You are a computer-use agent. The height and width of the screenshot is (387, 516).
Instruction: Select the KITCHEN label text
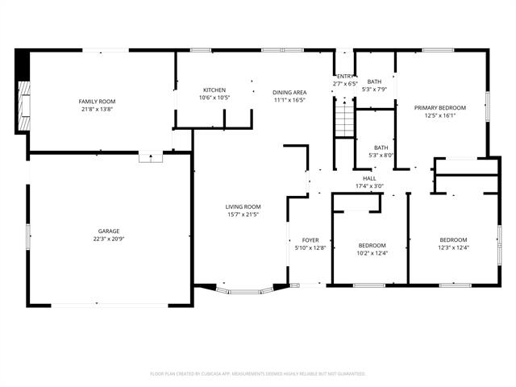(x=214, y=89)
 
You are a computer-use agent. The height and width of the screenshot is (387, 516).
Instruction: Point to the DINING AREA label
(x=288, y=93)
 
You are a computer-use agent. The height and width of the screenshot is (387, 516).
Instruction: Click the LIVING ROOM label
(x=243, y=207)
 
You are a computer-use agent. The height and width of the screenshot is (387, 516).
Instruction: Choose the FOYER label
(x=310, y=240)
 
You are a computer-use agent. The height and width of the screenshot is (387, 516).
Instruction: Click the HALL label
(x=369, y=178)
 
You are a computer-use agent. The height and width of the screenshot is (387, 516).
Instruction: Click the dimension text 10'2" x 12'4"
(x=372, y=253)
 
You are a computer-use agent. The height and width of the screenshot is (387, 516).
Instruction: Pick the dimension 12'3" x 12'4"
(x=452, y=248)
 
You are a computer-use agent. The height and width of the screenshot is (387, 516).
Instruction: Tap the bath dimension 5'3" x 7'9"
(x=374, y=89)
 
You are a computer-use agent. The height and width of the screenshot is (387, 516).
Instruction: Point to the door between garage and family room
(x=151, y=156)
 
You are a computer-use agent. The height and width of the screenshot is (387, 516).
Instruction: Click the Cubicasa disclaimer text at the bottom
(x=258, y=374)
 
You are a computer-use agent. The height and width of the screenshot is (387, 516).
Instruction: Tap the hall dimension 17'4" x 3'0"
(x=369, y=186)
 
